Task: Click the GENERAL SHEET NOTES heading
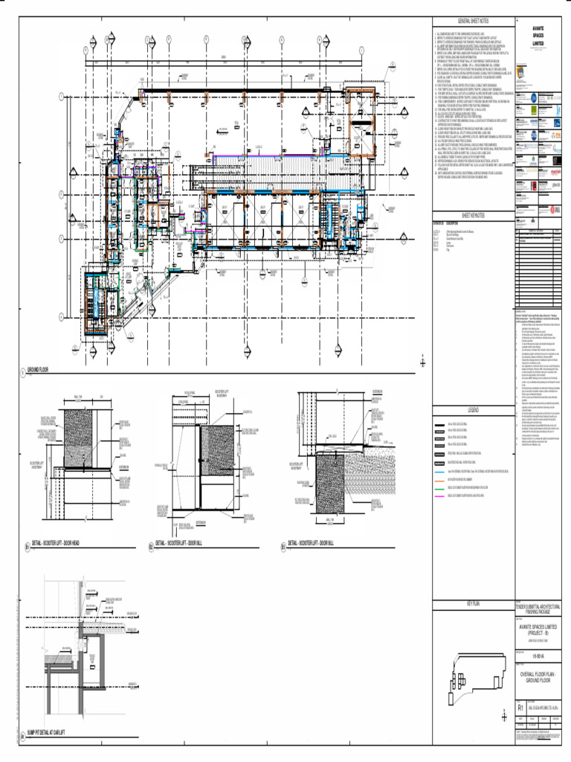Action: coord(473,23)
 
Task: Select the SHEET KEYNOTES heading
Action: coord(473,215)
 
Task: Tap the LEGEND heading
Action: coord(473,410)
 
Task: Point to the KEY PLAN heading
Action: coord(473,603)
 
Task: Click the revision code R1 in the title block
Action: coord(520,707)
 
